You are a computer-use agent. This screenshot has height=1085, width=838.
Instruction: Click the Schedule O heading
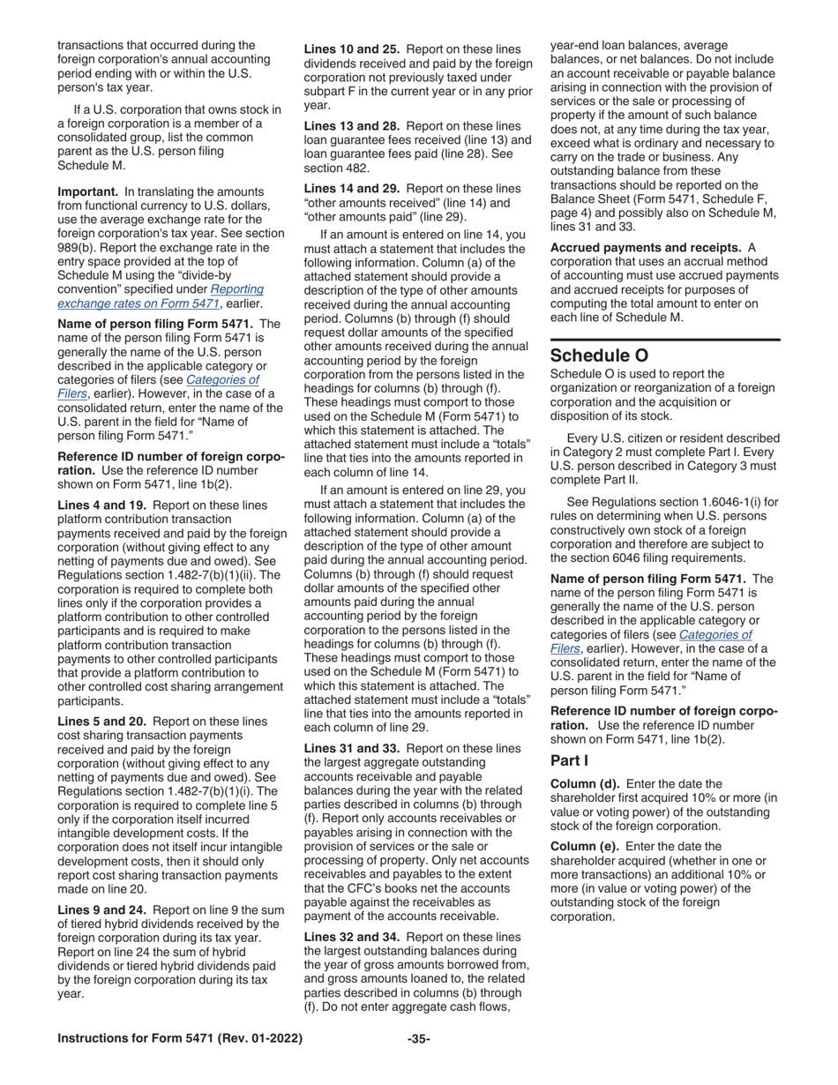click(x=599, y=355)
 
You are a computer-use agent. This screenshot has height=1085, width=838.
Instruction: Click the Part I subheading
click(x=569, y=759)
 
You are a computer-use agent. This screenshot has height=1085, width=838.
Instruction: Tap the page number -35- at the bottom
click(x=418, y=1039)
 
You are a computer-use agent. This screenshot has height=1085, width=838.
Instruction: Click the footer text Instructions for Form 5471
click(x=180, y=1039)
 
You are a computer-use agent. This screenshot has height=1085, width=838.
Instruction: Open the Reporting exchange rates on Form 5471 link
click(x=160, y=296)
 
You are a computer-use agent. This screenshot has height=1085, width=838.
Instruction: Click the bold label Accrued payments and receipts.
click(x=645, y=248)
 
